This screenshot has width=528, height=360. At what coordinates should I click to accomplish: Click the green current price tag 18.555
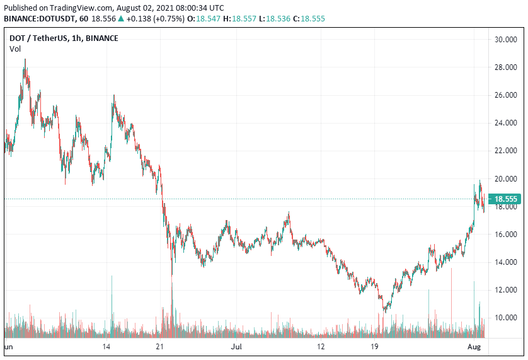pyautogui.click(x=506, y=199)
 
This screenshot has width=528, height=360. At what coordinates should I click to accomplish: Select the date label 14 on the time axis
pyautogui.click(x=106, y=347)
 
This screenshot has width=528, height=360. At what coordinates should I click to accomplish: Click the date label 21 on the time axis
pyautogui.click(x=161, y=347)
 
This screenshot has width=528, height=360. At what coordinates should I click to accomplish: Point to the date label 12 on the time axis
pyautogui.click(x=321, y=347)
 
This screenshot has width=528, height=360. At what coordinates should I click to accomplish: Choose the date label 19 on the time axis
pyautogui.click(x=374, y=347)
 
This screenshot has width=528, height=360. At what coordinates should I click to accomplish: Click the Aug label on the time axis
pyautogui.click(x=474, y=347)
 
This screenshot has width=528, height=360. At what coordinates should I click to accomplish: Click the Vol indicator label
pyautogui.click(x=14, y=49)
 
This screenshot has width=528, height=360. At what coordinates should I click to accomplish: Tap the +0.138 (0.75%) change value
pyautogui.click(x=156, y=19)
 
